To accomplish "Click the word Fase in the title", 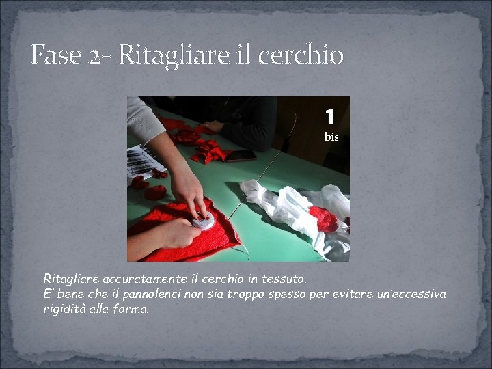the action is (x=56, y=55).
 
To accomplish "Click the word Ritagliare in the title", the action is (x=174, y=56).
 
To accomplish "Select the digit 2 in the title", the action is (x=94, y=57).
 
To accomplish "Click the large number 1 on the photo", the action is (x=330, y=116).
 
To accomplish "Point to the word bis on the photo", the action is (x=331, y=137).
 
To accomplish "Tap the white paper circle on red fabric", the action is (x=204, y=221).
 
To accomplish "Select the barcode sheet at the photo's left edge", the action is (x=143, y=162).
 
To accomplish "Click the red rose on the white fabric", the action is (x=325, y=219).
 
